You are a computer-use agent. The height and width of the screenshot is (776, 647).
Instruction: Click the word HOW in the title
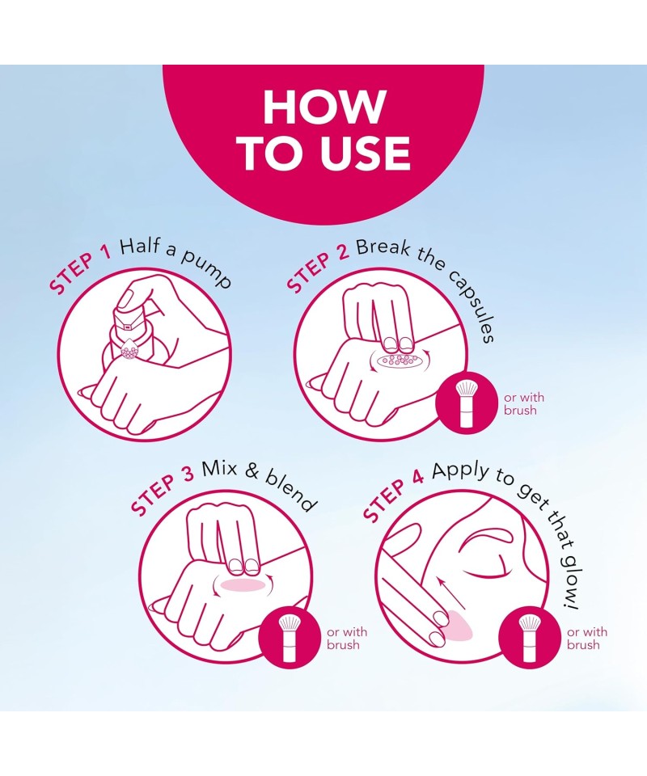pyautogui.click(x=324, y=107)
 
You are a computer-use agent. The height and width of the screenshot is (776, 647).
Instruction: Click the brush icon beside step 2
pyautogui.click(x=467, y=403)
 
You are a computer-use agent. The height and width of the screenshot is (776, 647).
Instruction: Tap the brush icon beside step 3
pyautogui.click(x=289, y=638)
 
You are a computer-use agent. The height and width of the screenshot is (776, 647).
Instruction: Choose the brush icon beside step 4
pyautogui.click(x=529, y=638)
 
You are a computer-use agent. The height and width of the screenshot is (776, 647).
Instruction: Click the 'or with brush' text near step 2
pyautogui.click(x=524, y=404)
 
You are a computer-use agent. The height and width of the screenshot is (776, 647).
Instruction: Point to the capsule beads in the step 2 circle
pyautogui.click(x=399, y=360)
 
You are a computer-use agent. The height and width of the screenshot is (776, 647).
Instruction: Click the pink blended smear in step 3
pyautogui.click(x=243, y=584)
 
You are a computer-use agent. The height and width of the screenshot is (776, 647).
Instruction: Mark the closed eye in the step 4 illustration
pyautogui.click(x=485, y=569)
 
